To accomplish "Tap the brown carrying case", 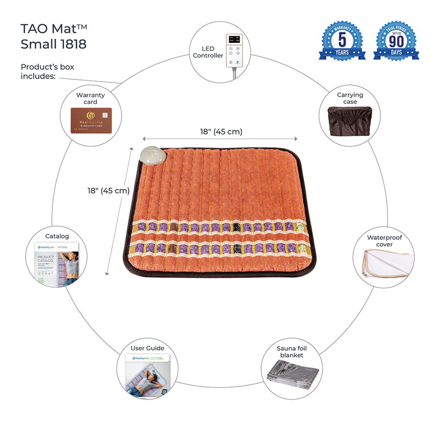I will click(x=349, y=122).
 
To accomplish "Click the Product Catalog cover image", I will click(x=58, y=264).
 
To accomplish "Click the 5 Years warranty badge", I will click(x=342, y=41).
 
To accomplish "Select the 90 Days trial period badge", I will click(x=396, y=41).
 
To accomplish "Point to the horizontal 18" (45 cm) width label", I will click(x=221, y=131).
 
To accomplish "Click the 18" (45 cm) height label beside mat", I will click(x=106, y=190).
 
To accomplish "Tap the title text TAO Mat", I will click(x=54, y=29).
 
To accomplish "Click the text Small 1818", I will click(x=53, y=44).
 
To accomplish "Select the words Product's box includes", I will click(x=47, y=71).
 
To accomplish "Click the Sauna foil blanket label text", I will click(x=292, y=351).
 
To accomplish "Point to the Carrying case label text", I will click(x=350, y=98).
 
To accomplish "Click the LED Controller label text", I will click(x=208, y=52).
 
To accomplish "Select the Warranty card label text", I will click(x=90, y=98).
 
